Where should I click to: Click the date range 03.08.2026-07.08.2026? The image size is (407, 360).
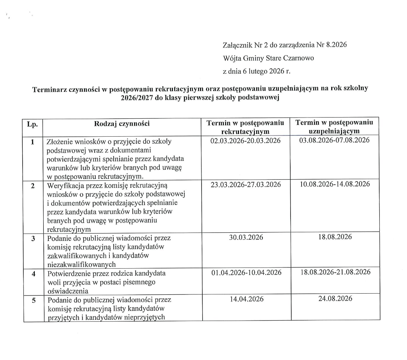tap(334, 140)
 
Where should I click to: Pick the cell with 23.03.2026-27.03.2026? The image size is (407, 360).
tap(245, 185)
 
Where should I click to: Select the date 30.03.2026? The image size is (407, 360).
tap(246, 238)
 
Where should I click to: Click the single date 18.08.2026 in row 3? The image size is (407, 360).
tap(335, 237)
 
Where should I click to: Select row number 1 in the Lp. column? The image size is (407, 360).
tap(32, 141)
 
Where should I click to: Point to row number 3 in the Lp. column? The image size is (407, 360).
tap(33, 238)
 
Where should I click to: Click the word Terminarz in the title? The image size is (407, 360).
tap(48, 89)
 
